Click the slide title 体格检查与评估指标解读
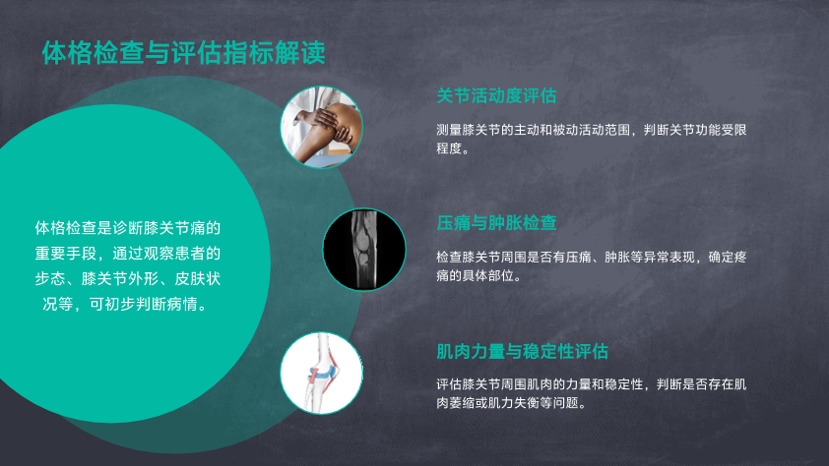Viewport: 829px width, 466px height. tap(183, 53)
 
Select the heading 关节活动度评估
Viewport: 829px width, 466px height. tap(496, 96)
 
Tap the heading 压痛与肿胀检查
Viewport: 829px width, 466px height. tap(496, 223)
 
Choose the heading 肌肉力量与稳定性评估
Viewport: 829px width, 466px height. tap(523, 351)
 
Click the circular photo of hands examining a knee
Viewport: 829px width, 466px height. tap(321, 127)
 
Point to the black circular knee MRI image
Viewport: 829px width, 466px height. tap(364, 250)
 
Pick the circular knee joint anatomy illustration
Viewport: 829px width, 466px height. tap(321, 374)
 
